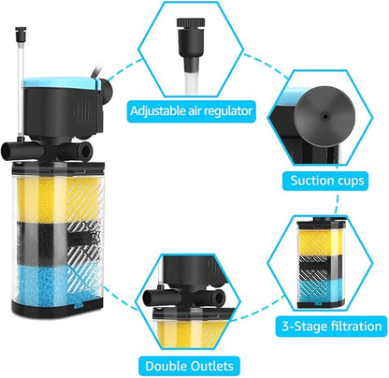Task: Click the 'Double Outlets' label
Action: pyautogui.click(x=190, y=364)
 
